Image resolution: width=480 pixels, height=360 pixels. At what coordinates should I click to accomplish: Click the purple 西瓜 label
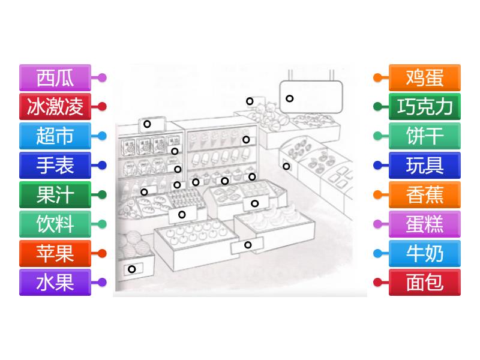55,78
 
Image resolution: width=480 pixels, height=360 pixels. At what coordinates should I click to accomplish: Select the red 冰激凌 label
55,107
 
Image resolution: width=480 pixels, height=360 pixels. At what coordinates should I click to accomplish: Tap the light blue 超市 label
55,136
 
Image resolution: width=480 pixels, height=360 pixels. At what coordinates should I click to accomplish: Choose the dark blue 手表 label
55,166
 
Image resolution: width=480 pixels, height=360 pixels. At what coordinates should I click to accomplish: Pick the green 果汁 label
55,194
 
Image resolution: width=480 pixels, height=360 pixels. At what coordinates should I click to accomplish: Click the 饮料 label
55,224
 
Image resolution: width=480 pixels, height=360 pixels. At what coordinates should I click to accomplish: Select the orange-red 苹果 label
55,253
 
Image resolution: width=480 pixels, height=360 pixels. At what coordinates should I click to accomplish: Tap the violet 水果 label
55,282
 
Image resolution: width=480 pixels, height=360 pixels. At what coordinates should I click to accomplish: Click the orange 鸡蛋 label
425,78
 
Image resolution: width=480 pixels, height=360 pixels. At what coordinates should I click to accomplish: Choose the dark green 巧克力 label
425,107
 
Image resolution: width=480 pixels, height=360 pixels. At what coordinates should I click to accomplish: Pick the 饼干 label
425,136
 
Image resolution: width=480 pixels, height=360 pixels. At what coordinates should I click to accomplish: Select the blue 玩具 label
425,166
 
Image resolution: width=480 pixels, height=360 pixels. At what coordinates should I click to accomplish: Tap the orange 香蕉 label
425,194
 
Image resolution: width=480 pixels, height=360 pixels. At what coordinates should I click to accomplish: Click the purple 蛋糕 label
425,224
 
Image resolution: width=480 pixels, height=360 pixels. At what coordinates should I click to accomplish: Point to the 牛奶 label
425,253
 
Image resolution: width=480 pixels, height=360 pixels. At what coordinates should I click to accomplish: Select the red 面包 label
425,282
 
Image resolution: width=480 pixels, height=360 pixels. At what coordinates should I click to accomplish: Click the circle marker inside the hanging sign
290,98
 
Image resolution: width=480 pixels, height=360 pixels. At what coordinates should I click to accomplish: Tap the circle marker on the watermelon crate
132,269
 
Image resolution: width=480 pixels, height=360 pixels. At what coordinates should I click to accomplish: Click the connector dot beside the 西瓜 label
102,78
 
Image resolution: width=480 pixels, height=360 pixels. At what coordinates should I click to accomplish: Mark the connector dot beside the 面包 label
378,282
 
